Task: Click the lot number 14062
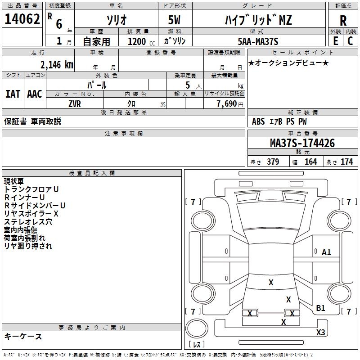tap(22, 19)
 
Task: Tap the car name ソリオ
tap(116, 20)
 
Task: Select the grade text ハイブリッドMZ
tap(258, 20)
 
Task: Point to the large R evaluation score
tap(343, 21)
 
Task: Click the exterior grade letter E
tap(335, 40)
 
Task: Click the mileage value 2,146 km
tap(57, 64)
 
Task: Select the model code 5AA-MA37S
tap(258, 41)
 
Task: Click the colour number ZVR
tap(75, 103)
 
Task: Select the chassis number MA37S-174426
tap(302, 143)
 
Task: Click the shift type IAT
tap(13, 94)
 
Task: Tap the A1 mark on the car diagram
tap(326, 252)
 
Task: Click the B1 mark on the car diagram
tap(320, 308)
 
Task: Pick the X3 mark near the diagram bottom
tap(320, 333)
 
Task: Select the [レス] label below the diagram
tap(197, 345)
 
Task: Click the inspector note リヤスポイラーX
tap(31, 213)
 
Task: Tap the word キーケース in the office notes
tap(23, 336)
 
